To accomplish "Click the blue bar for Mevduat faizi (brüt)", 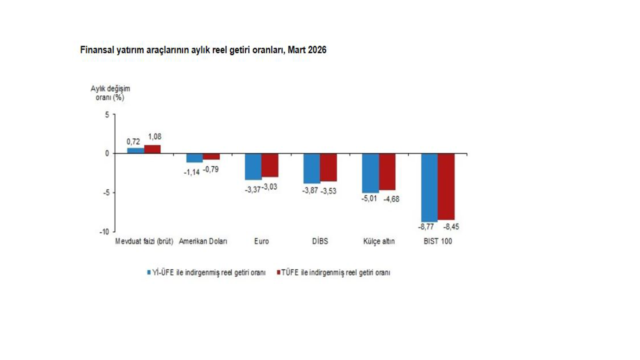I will pyautogui.click(x=135, y=150).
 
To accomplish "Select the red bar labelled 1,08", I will pyautogui.click(x=152, y=149).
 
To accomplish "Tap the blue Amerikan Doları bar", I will pyautogui.click(x=194, y=158).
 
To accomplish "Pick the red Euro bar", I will pyautogui.click(x=270, y=165).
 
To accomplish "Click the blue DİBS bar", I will pyautogui.click(x=312, y=168).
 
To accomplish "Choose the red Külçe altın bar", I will pyautogui.click(x=387, y=171).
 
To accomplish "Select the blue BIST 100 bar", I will pyautogui.click(x=429, y=187).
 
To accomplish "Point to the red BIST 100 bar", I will pyautogui.click(x=446, y=186).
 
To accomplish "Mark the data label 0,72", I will pyautogui.click(x=133, y=141).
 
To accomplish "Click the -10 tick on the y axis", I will pyautogui.click(x=103, y=232).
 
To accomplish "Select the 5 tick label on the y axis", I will pyautogui.click(x=106, y=114).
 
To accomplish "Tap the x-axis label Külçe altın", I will pyautogui.click(x=379, y=241).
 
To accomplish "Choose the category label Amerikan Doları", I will pyautogui.click(x=203, y=241).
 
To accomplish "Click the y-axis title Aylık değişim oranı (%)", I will pyautogui.click(x=106, y=93).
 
